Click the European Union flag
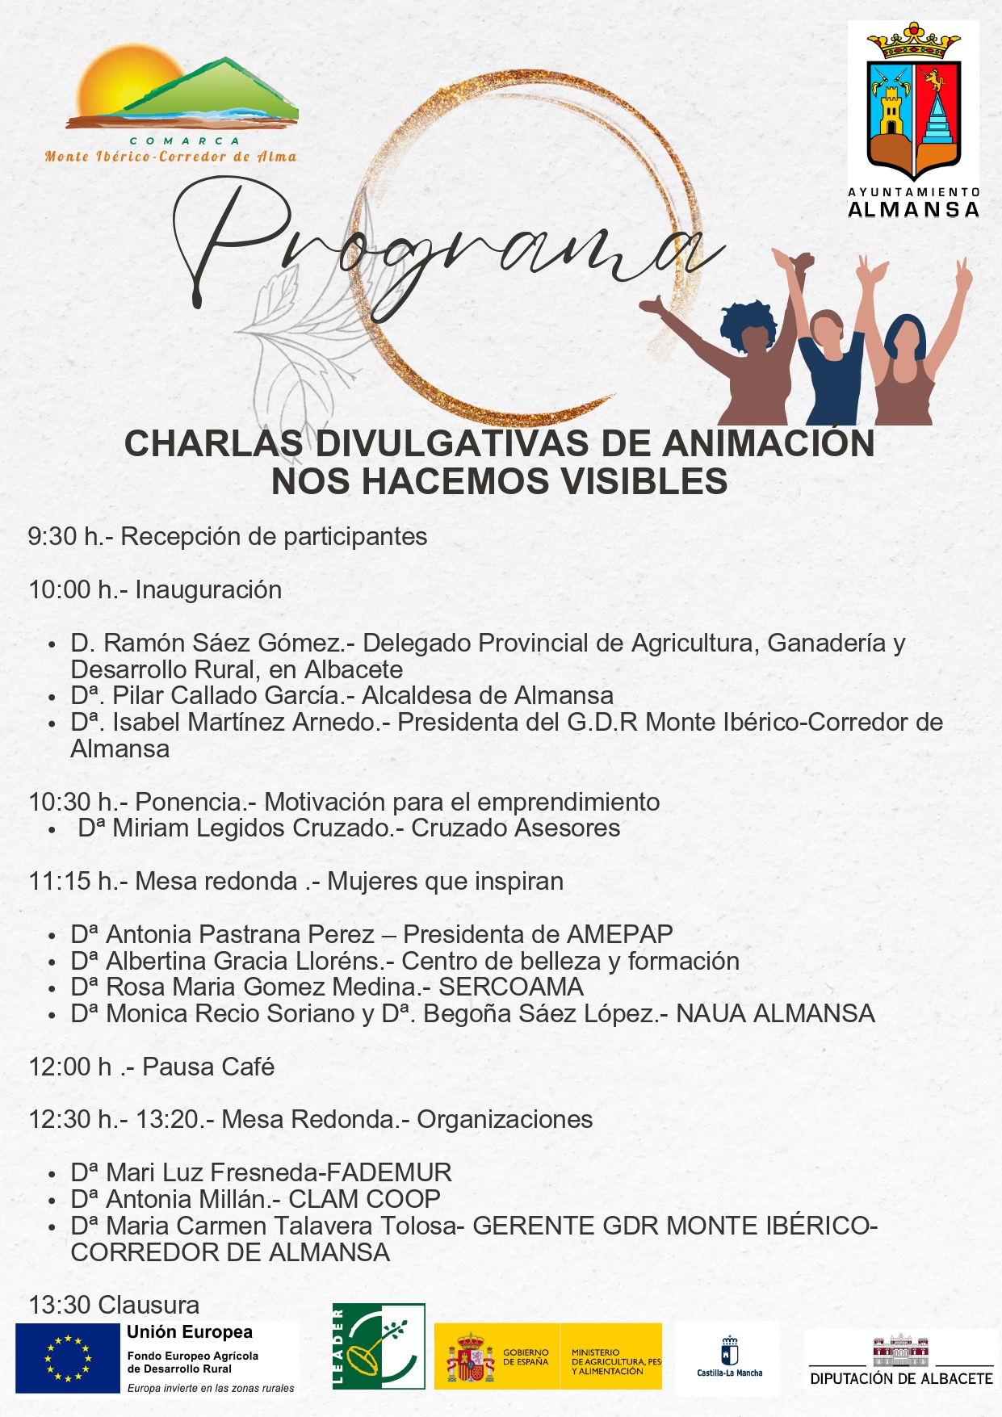[x=67, y=1359]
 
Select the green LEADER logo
[x=379, y=1346]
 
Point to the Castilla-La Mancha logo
[x=729, y=1358]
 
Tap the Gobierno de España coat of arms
[x=470, y=1357]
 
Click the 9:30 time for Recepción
[x=52, y=537]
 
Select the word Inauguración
[x=208, y=590]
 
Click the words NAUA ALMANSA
[x=775, y=1014]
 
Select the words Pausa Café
[x=208, y=1067]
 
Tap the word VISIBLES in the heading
[x=644, y=482]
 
